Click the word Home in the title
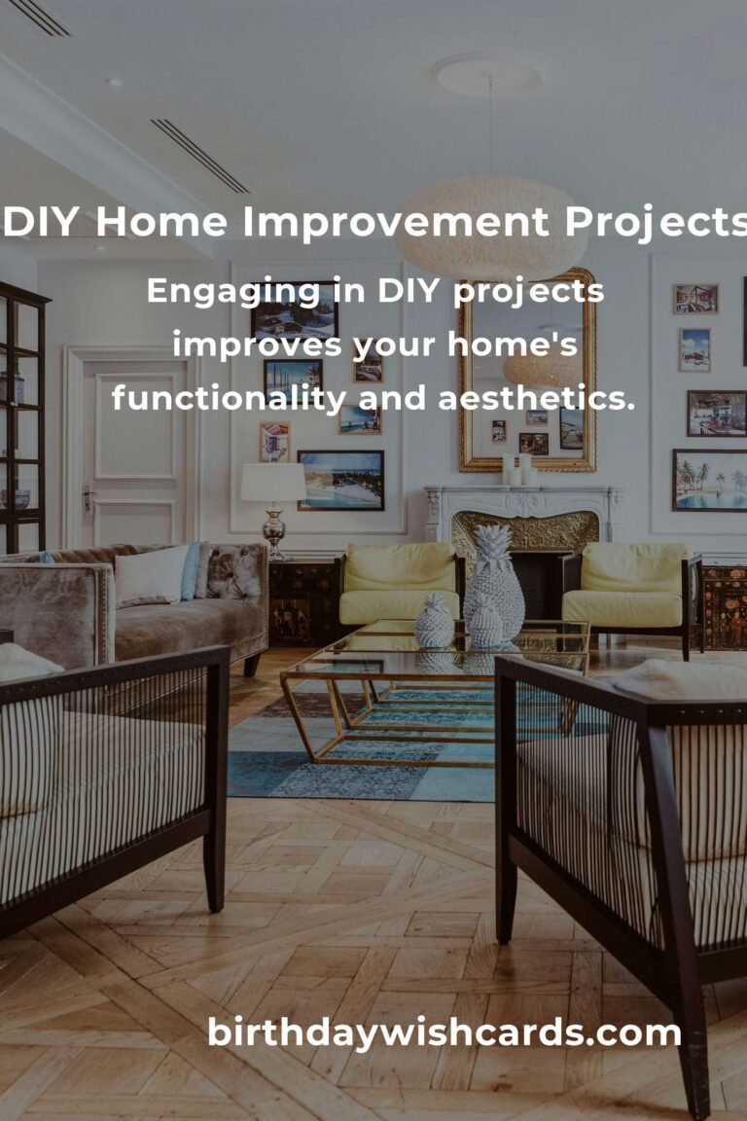click(x=161, y=222)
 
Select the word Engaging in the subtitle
click(x=233, y=293)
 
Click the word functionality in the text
click(x=229, y=397)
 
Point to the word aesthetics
click(x=536, y=397)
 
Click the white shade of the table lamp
click(x=273, y=482)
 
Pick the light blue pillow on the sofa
click(x=190, y=571)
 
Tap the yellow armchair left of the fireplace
click(x=398, y=584)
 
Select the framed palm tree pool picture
click(x=709, y=481)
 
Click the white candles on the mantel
click(x=519, y=469)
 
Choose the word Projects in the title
click(x=657, y=222)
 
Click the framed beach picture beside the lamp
click(x=341, y=481)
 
